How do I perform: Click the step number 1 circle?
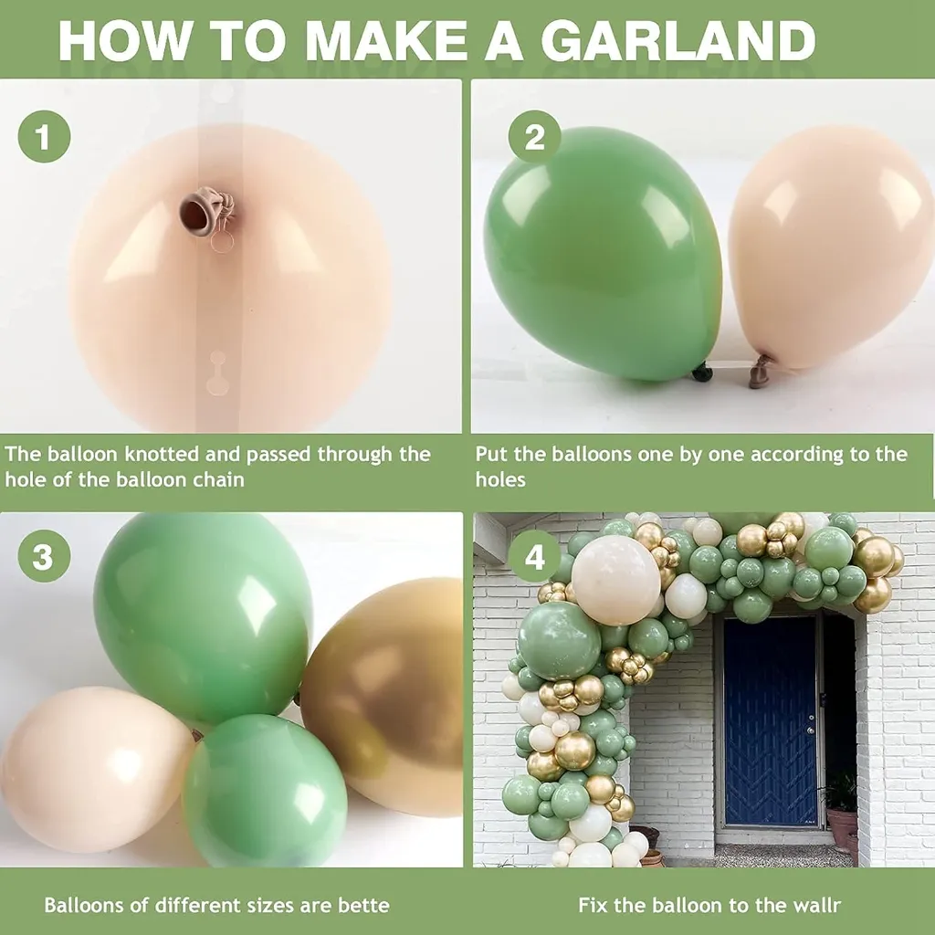[44, 137]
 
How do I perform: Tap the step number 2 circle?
[534, 137]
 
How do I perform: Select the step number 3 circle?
[44, 556]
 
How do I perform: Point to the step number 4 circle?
[534, 556]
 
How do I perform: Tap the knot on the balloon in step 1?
[208, 211]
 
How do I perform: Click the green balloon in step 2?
[603, 254]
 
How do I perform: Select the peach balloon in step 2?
[830, 247]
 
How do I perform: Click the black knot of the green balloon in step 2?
[702, 373]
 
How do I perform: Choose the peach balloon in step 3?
[95, 769]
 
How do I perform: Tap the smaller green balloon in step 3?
[264, 790]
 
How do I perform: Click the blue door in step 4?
[771, 721]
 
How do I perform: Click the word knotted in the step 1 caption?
[161, 455]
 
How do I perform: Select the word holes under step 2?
[500, 480]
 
